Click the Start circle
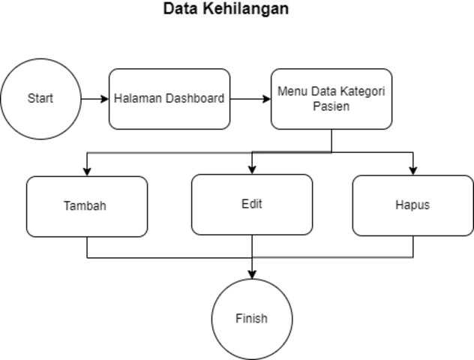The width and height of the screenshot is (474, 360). pos(40,99)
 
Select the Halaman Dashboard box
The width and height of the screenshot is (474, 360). pos(169,99)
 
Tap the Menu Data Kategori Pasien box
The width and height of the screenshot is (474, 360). pos(331,99)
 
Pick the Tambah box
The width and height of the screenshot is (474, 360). pos(87,206)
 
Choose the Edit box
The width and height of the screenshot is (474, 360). pos(252,204)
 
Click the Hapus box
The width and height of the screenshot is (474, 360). pos(412,205)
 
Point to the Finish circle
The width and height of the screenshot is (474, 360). pos(251,319)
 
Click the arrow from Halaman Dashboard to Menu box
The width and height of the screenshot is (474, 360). pos(250,99)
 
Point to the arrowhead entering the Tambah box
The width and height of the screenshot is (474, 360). pos(87,171)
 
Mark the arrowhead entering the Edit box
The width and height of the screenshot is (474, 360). pos(252,169)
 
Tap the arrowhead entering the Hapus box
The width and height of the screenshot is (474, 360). pos(412,170)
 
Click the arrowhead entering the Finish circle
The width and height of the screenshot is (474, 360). pos(251,274)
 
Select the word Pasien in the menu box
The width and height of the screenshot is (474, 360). pos(331,106)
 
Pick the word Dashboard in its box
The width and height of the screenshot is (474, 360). pos(195,98)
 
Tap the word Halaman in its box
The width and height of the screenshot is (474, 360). pos(138,98)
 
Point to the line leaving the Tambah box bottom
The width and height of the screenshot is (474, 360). pos(87,247)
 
